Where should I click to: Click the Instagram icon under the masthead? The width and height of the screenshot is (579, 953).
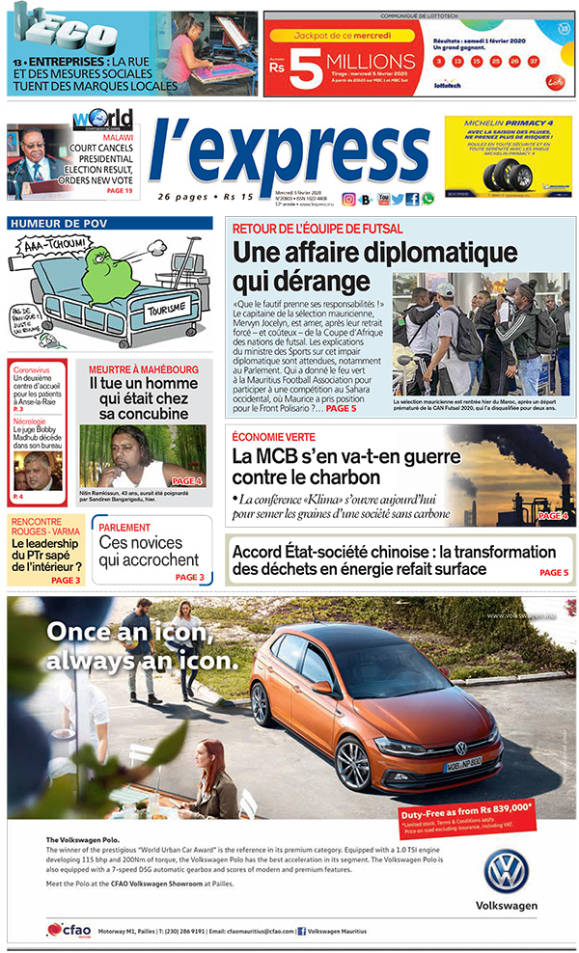tap(348, 199)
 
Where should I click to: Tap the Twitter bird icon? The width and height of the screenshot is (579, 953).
tap(398, 199)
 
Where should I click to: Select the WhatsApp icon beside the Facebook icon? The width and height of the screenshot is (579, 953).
tap(427, 199)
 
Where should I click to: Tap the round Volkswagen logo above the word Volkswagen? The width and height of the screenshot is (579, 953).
tap(506, 870)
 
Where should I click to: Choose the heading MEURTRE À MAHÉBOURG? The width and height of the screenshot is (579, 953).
tap(144, 369)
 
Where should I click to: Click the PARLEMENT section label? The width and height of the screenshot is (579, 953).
tap(124, 528)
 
